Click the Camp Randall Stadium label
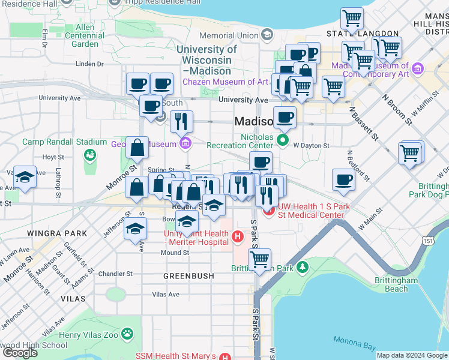pos(65,142)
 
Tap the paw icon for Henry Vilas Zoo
pos(127,333)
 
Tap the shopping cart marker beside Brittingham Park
pos(259,259)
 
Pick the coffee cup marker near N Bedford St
pos(344,179)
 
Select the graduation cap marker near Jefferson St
pos(136,228)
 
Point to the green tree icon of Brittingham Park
pos(304,265)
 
